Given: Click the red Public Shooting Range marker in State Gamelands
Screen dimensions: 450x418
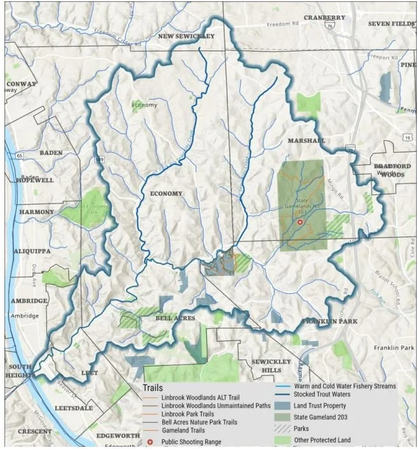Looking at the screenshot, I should click(x=300, y=222).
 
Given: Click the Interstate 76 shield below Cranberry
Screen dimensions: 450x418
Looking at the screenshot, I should click(x=329, y=27).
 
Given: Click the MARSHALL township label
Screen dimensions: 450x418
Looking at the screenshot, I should click(x=306, y=140).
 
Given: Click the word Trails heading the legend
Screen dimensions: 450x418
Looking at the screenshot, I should click(x=153, y=388).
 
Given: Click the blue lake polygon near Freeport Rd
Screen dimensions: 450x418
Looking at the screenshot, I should click(x=385, y=87).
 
